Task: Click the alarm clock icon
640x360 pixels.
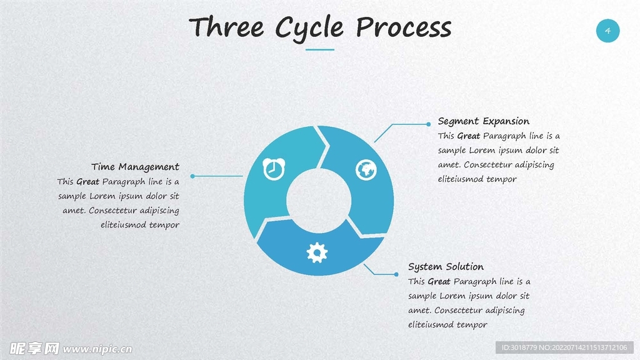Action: click(274, 169)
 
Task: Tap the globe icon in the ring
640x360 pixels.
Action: click(366, 169)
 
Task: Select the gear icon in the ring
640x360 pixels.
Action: click(317, 252)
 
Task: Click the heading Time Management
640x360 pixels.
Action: click(135, 167)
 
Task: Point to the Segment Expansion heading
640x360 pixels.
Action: click(483, 121)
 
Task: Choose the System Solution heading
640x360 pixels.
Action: click(446, 267)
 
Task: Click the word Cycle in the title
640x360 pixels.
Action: click(309, 28)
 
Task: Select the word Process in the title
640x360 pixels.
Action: click(403, 28)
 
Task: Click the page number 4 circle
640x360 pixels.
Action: click(607, 31)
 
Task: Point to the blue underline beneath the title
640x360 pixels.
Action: click(320, 49)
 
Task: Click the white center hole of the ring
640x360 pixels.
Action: click(318, 200)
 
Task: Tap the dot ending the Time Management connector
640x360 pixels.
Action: click(192, 176)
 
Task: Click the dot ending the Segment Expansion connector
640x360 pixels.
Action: click(428, 124)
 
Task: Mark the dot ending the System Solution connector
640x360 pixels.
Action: click(396, 274)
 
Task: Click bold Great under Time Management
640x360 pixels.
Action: click(87, 182)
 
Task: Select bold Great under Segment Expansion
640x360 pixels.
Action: click(468, 136)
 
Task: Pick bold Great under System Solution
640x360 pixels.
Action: click(439, 282)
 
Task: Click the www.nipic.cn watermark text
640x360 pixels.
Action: click(97, 349)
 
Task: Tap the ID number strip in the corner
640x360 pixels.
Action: click(564, 347)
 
